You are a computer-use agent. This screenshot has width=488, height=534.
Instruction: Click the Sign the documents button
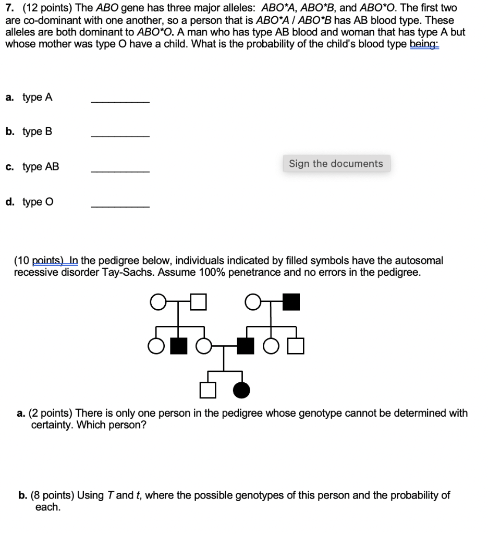point(336,164)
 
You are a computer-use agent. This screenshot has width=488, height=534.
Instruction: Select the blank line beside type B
point(120,136)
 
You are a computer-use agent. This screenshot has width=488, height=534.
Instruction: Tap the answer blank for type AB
point(120,171)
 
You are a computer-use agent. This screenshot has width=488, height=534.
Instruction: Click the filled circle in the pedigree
point(242,390)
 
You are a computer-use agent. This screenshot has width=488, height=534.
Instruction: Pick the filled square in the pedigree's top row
point(292,302)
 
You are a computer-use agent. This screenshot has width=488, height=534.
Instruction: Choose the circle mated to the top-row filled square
point(252,302)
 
